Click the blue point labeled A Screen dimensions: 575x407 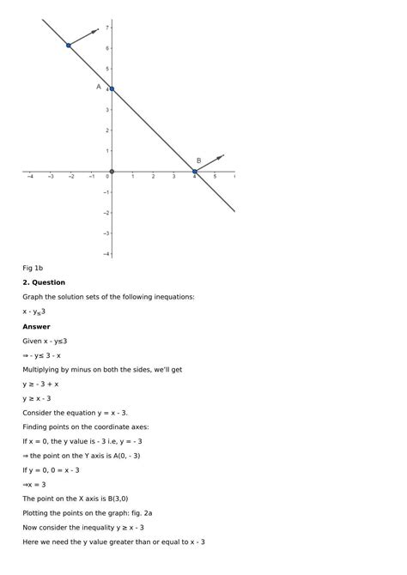pyautogui.click(x=112, y=89)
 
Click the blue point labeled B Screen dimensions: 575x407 pyautogui.click(x=195, y=172)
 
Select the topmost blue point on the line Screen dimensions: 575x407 pyautogui.click(x=69, y=45)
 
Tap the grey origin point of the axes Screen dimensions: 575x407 pyautogui.click(x=112, y=172)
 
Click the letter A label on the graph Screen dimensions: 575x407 pyautogui.click(x=99, y=87)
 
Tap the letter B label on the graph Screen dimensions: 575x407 pyautogui.click(x=198, y=160)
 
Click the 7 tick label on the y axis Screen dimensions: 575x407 pyautogui.click(x=106, y=27)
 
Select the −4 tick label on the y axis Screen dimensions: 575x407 pyautogui.click(x=106, y=254)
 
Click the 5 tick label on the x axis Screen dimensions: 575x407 pyautogui.click(x=216, y=178)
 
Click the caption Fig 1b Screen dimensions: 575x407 pyautogui.click(x=33, y=268)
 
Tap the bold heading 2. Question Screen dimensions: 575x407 pyautogui.click(x=44, y=282)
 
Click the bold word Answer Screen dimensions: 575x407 pyautogui.click(x=36, y=326)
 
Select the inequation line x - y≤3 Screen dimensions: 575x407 pyautogui.click(x=34, y=312)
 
